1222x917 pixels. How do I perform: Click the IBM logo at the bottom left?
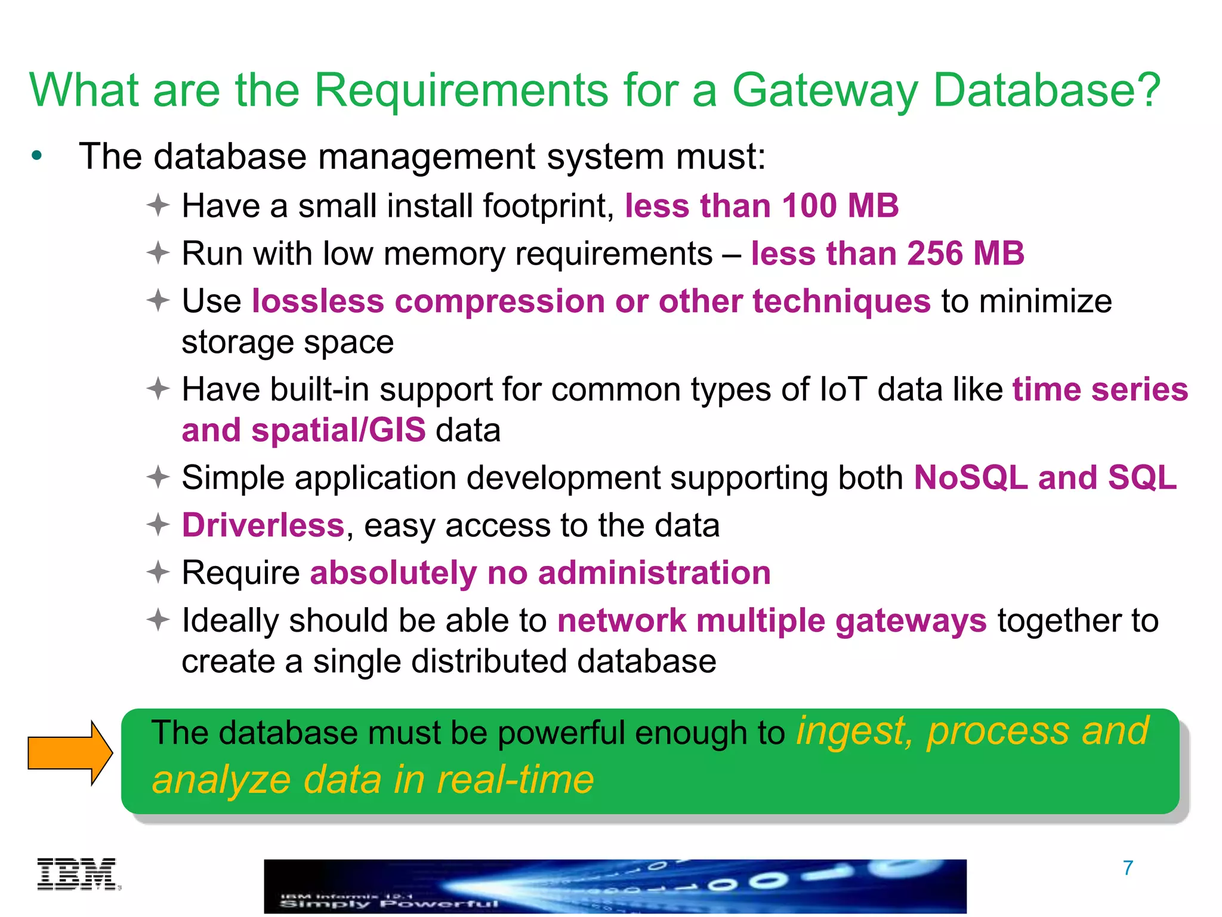point(78,875)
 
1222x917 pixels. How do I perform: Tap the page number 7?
point(1128,868)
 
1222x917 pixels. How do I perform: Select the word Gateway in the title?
point(824,91)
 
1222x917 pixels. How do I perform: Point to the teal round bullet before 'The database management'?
point(37,156)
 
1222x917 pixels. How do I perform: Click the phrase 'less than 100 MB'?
point(761,206)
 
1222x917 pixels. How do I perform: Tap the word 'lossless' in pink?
point(317,301)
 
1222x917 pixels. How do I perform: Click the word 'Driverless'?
point(263,525)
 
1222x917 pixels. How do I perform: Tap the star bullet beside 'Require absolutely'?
point(159,573)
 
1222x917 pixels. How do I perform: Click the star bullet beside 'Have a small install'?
point(159,206)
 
